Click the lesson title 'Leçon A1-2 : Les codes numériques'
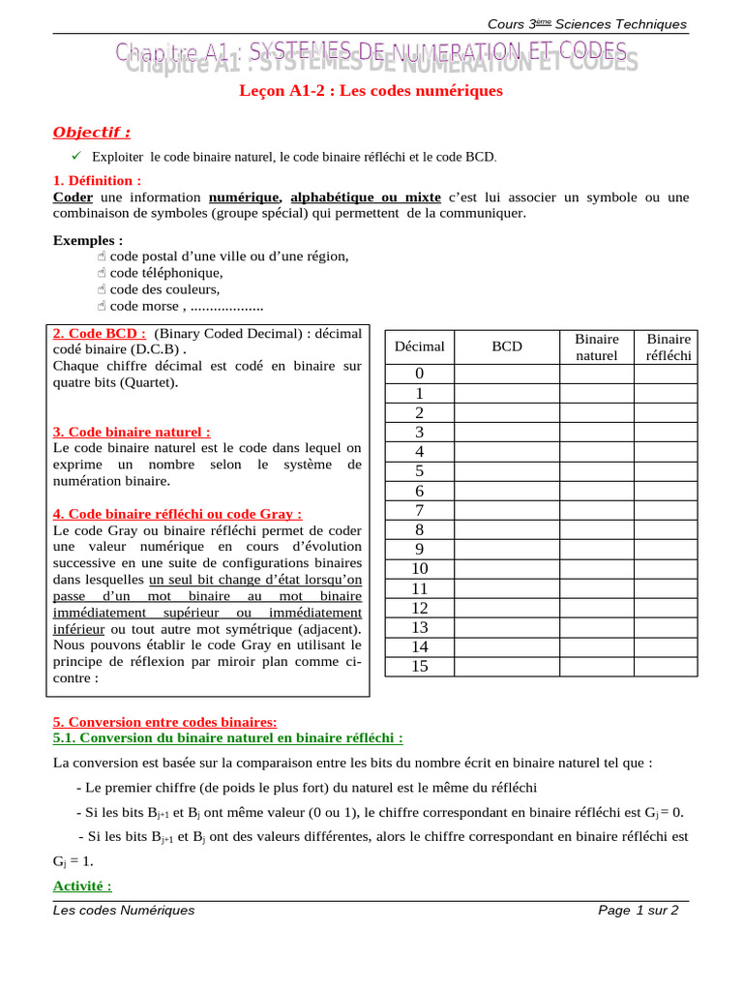point(371,91)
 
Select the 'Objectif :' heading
point(91,132)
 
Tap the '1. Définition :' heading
point(97,180)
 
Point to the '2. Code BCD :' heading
point(100,333)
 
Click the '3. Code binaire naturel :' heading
point(132,432)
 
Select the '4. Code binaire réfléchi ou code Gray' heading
point(178,514)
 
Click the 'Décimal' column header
point(420,345)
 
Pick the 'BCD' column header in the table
point(506,345)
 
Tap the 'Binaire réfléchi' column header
point(669,346)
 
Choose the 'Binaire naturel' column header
point(596,346)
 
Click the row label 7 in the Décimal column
point(420,510)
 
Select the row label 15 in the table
point(420,666)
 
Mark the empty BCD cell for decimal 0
point(506,374)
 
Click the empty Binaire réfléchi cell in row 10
point(669,568)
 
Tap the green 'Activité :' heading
point(82,886)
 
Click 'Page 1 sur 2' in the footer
point(639,910)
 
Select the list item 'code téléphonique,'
point(159,272)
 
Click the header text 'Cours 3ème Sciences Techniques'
point(601,24)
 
